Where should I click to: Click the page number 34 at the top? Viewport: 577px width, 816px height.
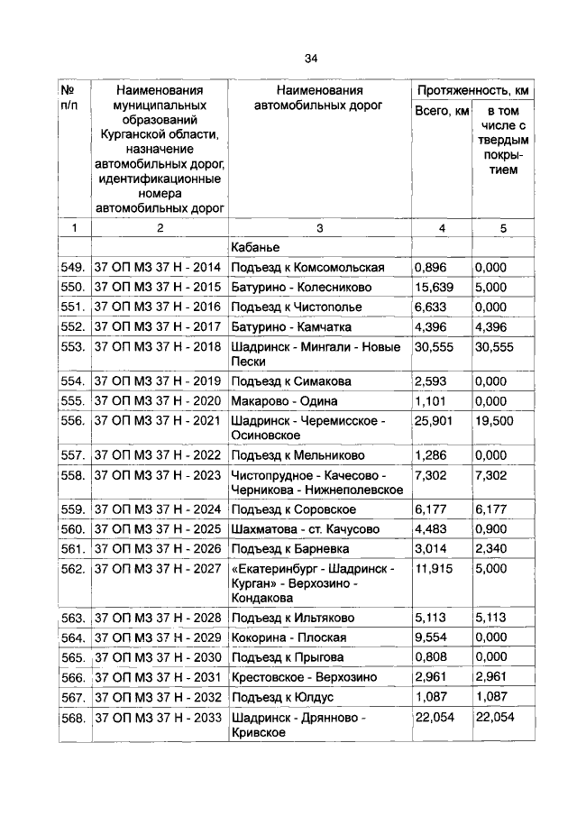[310, 59]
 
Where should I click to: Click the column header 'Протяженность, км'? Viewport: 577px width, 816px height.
[472, 91]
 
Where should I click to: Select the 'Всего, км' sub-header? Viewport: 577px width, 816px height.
[442, 111]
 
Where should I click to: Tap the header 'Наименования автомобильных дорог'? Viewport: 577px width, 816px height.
[319, 98]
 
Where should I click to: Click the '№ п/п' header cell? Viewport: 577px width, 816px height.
[69, 98]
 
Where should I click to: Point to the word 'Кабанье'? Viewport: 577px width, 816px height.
[257, 247]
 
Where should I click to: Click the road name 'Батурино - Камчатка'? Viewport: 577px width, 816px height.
[291, 326]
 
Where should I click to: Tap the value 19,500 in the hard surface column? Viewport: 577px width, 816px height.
[496, 420]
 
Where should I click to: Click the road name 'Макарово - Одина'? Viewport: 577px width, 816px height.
[284, 400]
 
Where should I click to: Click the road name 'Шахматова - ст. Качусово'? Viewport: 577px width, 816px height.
[305, 528]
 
